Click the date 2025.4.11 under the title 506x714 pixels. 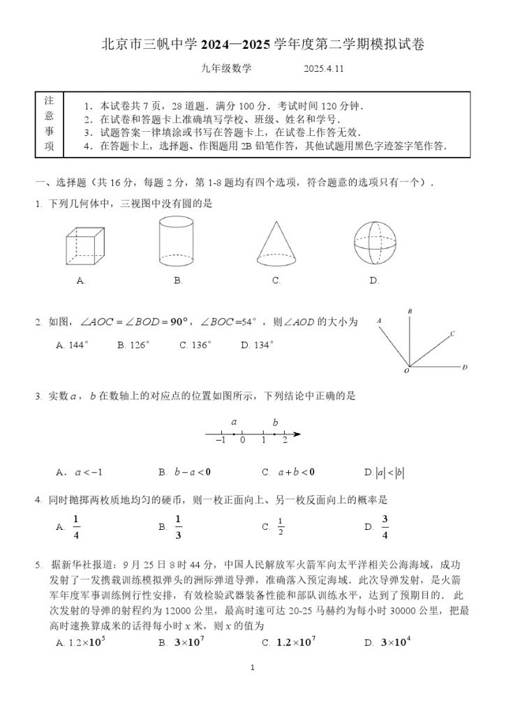325,69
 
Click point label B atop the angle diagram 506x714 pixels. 410,311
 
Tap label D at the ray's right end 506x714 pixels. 464,367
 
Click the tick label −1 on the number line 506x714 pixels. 221,440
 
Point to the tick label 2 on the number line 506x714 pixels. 284,440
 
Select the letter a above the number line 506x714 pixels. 234,422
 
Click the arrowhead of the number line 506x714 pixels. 297,434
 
